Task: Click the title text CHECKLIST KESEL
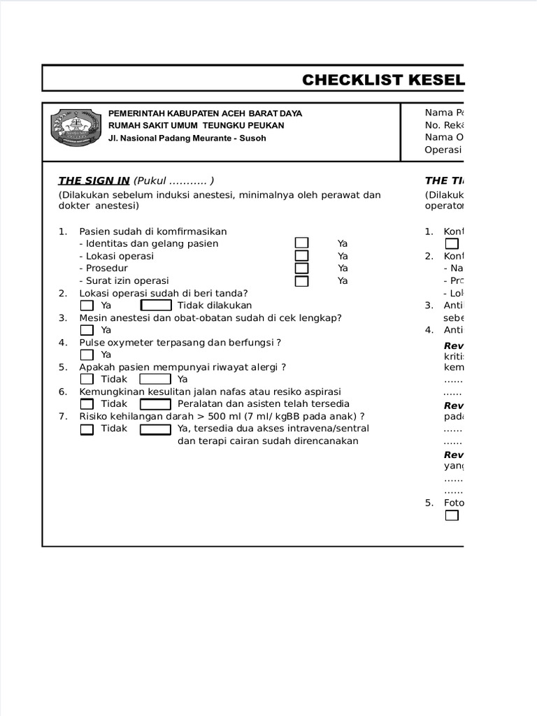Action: (x=383, y=80)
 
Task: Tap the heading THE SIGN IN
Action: (x=94, y=180)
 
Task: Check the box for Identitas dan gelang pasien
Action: (x=301, y=243)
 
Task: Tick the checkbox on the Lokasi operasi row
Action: (x=301, y=256)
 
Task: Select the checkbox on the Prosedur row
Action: (x=301, y=268)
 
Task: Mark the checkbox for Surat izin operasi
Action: (x=301, y=281)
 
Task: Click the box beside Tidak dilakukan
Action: (x=156, y=306)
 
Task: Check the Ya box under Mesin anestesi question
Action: (x=87, y=330)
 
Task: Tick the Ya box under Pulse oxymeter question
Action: (x=87, y=355)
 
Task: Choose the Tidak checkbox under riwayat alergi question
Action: (x=87, y=379)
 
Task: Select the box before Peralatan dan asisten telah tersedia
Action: (x=156, y=404)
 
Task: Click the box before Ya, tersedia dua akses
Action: (x=156, y=429)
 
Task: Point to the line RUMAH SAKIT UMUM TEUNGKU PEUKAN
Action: (x=196, y=125)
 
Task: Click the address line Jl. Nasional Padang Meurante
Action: (x=187, y=138)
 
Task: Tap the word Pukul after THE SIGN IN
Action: (x=152, y=180)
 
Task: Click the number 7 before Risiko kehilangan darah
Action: (x=62, y=416)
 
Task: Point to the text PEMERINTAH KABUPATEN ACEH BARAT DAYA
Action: (x=205, y=113)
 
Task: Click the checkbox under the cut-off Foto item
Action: (x=452, y=515)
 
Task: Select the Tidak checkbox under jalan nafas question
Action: (x=87, y=404)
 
